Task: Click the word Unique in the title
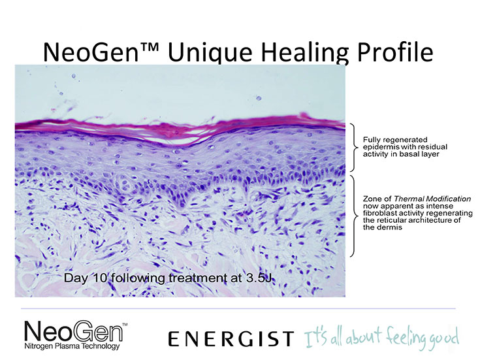pyautogui.click(x=210, y=52)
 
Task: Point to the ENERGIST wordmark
pyautogui.click(x=231, y=339)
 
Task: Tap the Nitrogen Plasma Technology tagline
pyautogui.click(x=72, y=346)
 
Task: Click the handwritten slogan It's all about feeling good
pyautogui.click(x=381, y=337)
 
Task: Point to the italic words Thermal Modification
pyautogui.click(x=432, y=199)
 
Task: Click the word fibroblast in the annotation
pyautogui.click(x=378, y=213)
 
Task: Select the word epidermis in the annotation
pyautogui.click(x=378, y=147)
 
